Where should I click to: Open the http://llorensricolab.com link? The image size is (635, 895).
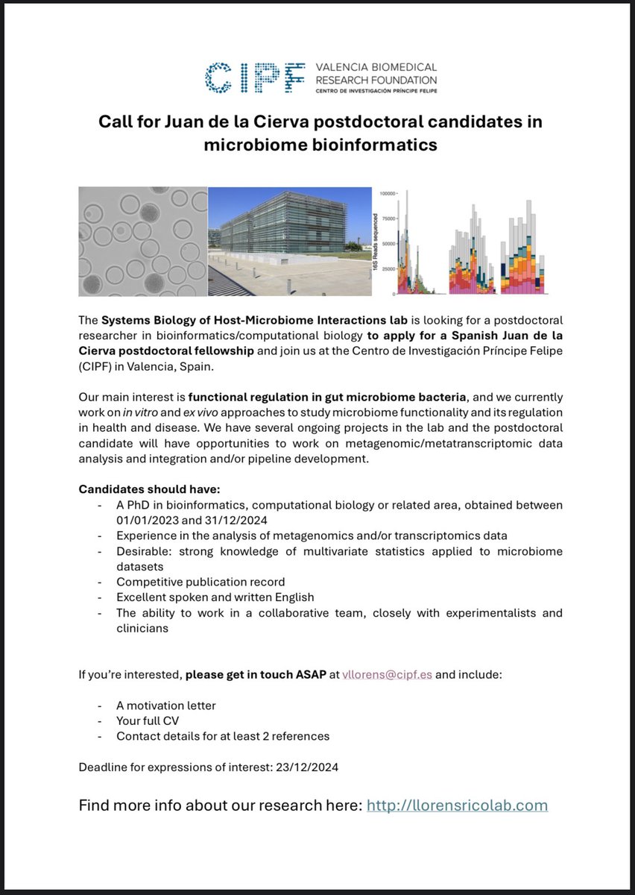[457, 805]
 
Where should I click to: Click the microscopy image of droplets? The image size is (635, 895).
[142, 241]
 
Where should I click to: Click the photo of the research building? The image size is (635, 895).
[289, 241]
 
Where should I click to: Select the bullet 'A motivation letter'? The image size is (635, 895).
[166, 706]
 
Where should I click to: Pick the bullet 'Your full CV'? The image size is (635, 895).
[148, 720]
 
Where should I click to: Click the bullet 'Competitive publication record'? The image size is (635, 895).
[200, 581]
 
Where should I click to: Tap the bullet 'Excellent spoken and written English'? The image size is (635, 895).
[215, 597]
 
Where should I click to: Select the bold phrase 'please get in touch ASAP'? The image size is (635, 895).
[256, 674]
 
